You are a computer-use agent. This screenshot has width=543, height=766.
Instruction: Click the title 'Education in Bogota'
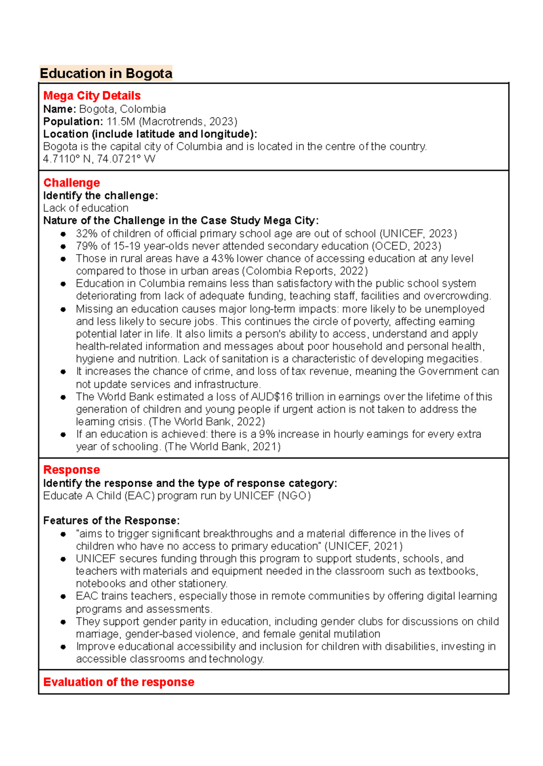(106, 73)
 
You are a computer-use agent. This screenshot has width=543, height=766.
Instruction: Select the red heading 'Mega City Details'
(92, 96)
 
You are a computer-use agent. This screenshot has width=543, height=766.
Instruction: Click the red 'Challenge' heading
(71, 183)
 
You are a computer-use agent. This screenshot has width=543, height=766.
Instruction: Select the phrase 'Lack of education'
(86, 208)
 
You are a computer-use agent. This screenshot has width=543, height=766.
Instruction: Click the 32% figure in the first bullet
(86, 234)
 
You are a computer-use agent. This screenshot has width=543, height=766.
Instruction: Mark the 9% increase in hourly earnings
(266, 435)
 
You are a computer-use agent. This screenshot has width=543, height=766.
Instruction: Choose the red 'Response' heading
(71, 470)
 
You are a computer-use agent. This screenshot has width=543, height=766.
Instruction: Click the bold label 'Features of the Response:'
(111, 520)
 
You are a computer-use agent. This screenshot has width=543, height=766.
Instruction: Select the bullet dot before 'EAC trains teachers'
(63, 596)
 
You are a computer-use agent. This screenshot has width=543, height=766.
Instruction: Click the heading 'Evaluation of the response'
(119, 682)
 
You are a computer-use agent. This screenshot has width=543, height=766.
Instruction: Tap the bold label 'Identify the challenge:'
(100, 196)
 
